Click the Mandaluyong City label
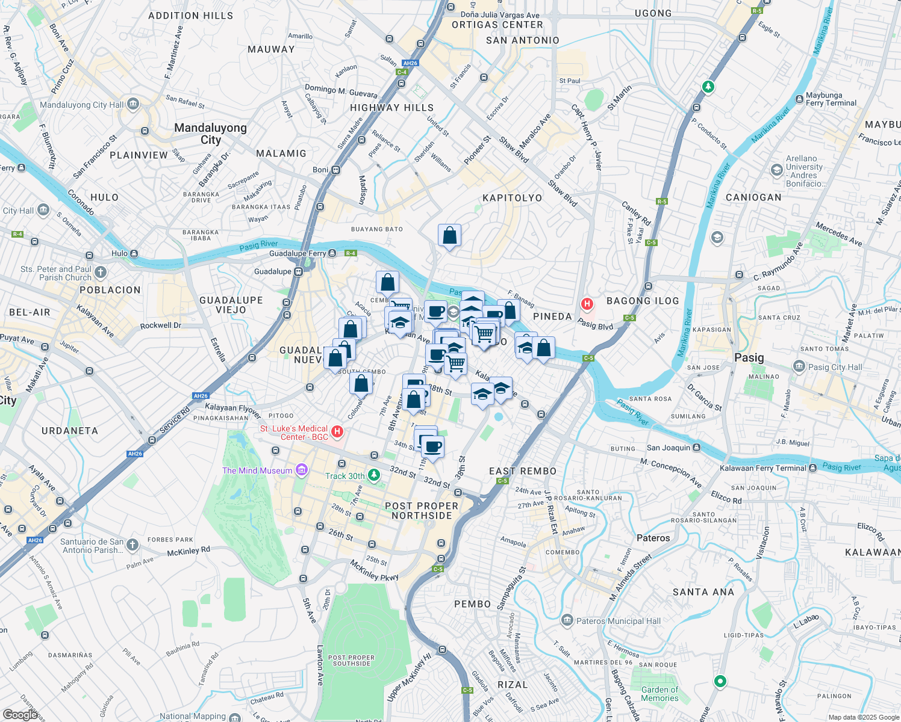pyautogui.click(x=210, y=134)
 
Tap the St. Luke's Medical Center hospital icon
pyautogui.click(x=337, y=431)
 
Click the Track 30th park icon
pyautogui.click(x=374, y=475)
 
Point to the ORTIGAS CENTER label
pyautogui.click(x=497, y=25)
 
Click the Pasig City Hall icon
pyautogui.click(x=799, y=366)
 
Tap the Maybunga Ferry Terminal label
pyautogui.click(x=831, y=99)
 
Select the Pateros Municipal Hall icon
pyautogui.click(x=567, y=620)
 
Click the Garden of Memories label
pyautogui.click(x=659, y=694)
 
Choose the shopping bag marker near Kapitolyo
pyautogui.click(x=449, y=235)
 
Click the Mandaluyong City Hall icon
pyautogui.click(x=133, y=105)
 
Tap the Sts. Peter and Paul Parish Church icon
pyautogui.click(x=100, y=273)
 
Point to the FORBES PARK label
pyautogui.click(x=170, y=540)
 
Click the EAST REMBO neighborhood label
pyautogui.click(x=523, y=471)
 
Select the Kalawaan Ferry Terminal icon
pyautogui.click(x=813, y=467)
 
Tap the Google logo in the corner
pyautogui.click(x=20, y=715)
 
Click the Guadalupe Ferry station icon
pyautogui.click(x=332, y=253)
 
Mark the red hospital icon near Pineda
pyautogui.click(x=587, y=304)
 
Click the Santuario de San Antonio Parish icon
pyautogui.click(x=132, y=545)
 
